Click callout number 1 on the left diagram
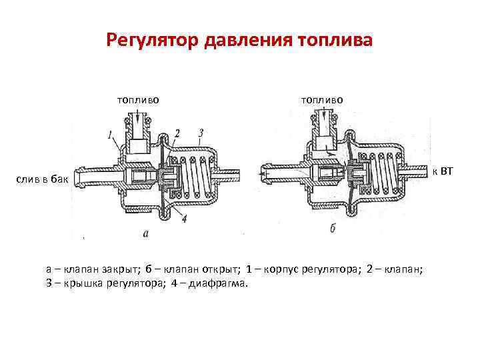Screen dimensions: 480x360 point(109,136)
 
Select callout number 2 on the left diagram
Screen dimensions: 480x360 point(177,133)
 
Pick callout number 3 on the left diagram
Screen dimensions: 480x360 point(201,133)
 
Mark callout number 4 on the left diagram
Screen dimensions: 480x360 point(183,217)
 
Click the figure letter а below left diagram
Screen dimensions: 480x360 point(147,233)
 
